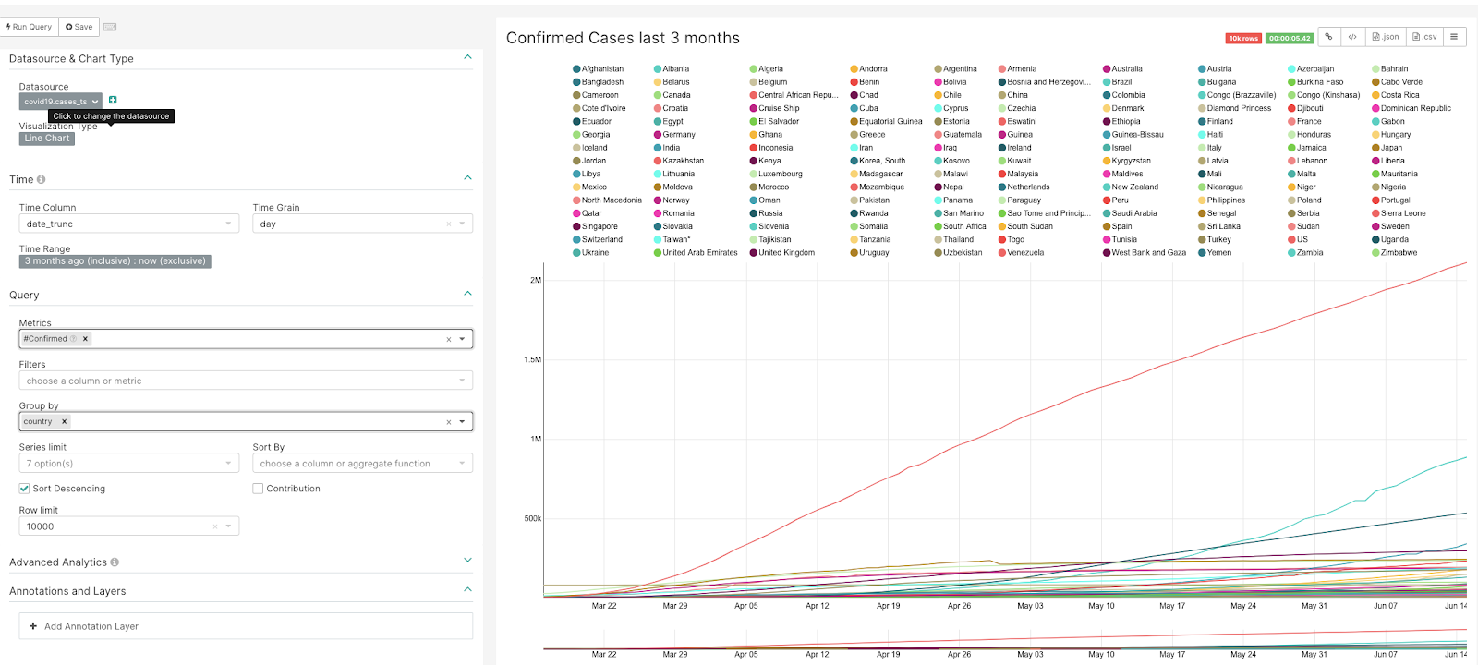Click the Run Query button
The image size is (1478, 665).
coord(30,27)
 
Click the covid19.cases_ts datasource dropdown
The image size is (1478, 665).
coord(60,102)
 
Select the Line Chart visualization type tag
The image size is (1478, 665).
coord(47,139)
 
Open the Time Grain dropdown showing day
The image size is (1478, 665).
coord(362,224)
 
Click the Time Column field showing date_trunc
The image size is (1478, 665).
coord(128,224)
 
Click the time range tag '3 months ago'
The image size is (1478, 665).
coord(115,261)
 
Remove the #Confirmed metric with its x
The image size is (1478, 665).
coord(86,339)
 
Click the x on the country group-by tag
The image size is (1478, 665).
coord(65,421)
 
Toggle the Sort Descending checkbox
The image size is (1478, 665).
coord(25,489)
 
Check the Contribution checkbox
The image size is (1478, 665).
coord(259,489)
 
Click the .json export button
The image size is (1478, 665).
coord(1386,37)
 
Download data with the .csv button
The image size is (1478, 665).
coord(1424,37)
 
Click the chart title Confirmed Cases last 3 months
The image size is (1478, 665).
coord(623,38)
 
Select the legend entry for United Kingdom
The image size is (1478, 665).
coord(786,253)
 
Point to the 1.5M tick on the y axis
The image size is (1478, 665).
coord(533,359)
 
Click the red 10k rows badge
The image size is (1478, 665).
coord(1243,39)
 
